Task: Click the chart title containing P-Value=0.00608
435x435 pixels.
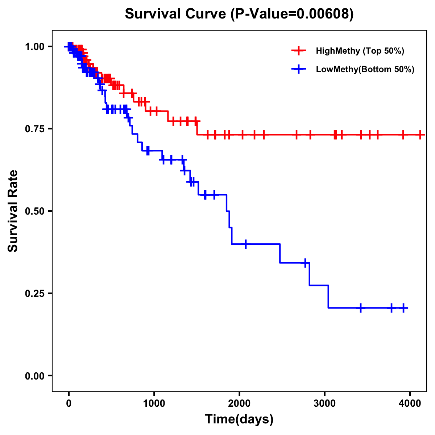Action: [x=239, y=14]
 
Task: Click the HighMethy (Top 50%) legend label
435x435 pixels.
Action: [x=360, y=51]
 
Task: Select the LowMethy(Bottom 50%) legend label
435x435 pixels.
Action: [x=365, y=69]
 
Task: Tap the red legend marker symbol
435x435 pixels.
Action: [x=298, y=51]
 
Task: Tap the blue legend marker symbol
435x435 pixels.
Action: [x=298, y=69]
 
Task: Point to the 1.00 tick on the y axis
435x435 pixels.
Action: [x=34, y=46]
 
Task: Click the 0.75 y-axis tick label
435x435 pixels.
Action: [x=34, y=129]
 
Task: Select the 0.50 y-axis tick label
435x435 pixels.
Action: [x=34, y=211]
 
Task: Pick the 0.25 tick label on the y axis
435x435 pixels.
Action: [x=34, y=293]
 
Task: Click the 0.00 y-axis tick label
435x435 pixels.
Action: [x=34, y=376]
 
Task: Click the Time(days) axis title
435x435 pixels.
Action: [x=239, y=419]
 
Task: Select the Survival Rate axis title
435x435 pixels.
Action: [x=13, y=211]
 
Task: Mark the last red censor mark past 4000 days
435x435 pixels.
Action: [x=420, y=135]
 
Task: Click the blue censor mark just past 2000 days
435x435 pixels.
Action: [x=246, y=244]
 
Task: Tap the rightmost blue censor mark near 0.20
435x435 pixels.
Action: [x=403, y=308]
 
